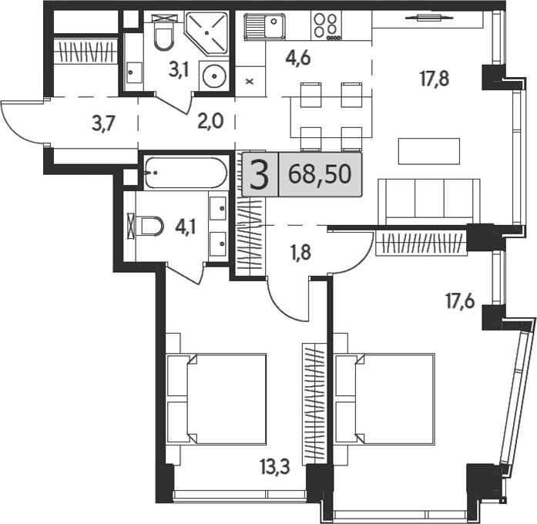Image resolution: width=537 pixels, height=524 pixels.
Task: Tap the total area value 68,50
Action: point(319,174)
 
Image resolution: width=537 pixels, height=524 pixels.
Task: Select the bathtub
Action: point(185,172)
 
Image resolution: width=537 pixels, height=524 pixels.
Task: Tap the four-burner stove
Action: point(327,25)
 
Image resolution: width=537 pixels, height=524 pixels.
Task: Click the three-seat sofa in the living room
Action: point(428,199)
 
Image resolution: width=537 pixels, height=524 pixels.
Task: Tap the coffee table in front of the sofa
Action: point(428,150)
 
